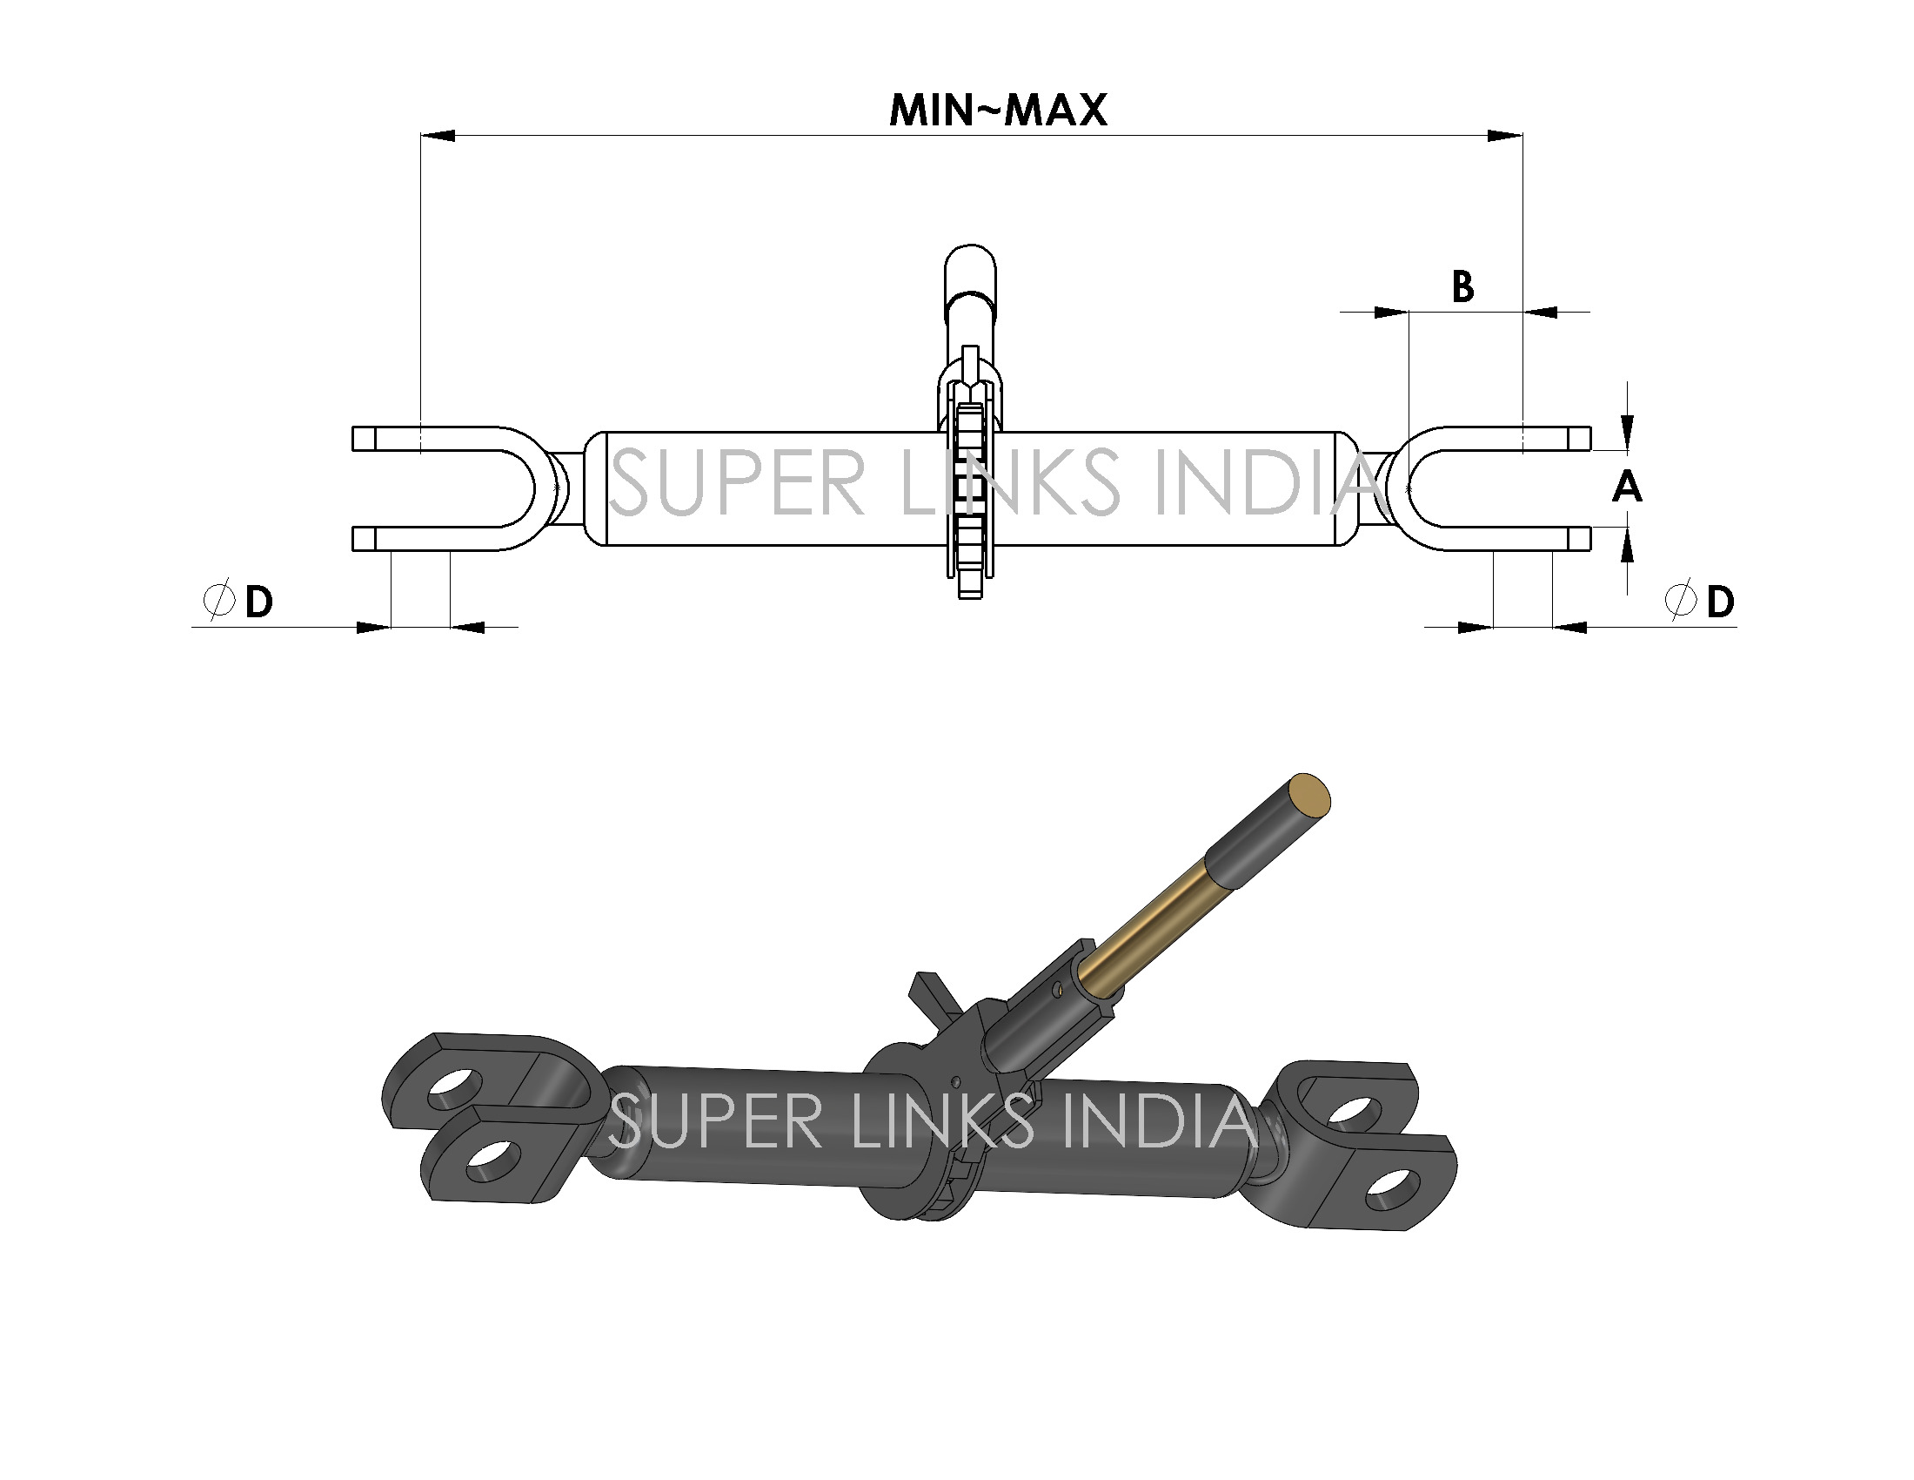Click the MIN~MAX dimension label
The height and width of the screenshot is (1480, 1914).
998,111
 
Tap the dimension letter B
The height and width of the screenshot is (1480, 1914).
1462,287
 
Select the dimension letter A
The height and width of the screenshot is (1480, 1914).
1627,487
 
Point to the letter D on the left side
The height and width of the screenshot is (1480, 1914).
258,602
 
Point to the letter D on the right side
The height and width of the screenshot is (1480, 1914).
1720,602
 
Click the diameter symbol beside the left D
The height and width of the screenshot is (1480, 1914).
218,601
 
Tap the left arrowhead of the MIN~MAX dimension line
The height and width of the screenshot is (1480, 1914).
438,136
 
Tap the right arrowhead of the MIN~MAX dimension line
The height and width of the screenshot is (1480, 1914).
1505,136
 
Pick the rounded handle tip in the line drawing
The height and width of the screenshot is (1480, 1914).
969,263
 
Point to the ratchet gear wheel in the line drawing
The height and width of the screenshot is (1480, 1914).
969,500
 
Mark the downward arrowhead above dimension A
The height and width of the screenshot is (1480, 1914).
1628,434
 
